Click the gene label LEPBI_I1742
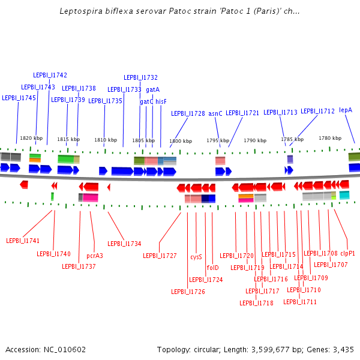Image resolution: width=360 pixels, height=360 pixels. coord(50,75)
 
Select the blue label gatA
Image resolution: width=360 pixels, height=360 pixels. coord(152,89)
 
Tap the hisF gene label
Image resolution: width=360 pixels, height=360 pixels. coord(161,101)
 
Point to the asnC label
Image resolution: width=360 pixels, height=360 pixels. coord(215,113)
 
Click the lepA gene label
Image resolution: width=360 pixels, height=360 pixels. coord(346,110)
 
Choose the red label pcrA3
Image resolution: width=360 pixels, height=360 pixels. coord(95,256)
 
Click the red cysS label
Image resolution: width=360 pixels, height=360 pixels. coord(196,256)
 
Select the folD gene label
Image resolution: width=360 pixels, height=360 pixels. coord(212,268)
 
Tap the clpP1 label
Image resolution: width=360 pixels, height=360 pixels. coord(347,253)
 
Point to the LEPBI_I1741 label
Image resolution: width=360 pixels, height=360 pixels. coord(23,241)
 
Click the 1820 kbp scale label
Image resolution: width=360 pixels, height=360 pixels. coord(31,138)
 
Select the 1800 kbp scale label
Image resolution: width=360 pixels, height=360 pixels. coord(180,141)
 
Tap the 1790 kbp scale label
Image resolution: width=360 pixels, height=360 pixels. coord(254,140)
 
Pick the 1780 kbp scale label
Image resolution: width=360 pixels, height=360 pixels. coord(329,138)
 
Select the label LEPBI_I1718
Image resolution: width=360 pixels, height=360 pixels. coord(256,303)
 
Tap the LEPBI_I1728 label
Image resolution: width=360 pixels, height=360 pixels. coord(188,113)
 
